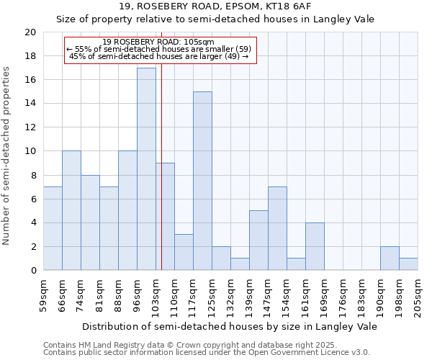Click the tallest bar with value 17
(x=146, y=169)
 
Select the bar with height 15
(x=202, y=181)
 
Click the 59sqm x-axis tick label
(x=44, y=295)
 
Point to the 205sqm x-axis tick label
(x=418, y=295)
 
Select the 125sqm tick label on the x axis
(x=212, y=295)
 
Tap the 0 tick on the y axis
(x=33, y=271)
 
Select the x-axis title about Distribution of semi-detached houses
(x=230, y=326)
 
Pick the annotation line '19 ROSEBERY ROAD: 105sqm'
(x=159, y=42)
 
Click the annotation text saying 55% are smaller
(x=159, y=49)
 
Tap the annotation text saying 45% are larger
(x=159, y=56)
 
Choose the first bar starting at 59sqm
(x=53, y=228)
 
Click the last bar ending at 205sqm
(x=408, y=264)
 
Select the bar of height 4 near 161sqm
(x=315, y=246)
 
